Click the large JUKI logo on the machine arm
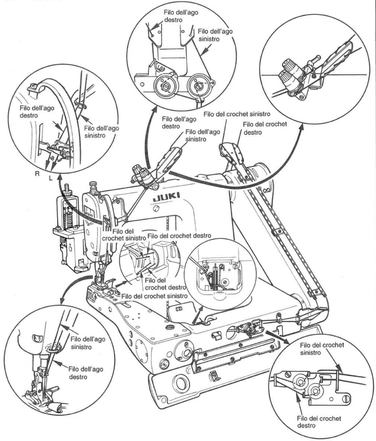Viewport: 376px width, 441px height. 166,197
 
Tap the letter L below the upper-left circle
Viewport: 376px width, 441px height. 50,178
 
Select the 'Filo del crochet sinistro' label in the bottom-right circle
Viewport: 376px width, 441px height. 322,349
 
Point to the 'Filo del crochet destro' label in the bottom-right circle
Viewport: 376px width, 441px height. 319,422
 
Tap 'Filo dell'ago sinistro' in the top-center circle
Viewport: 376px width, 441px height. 215,35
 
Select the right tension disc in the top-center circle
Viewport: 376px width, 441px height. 199,86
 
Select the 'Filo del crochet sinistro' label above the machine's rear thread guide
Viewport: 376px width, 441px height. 237,114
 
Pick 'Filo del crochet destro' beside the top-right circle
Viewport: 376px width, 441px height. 265,128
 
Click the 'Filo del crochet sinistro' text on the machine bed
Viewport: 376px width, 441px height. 155,296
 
